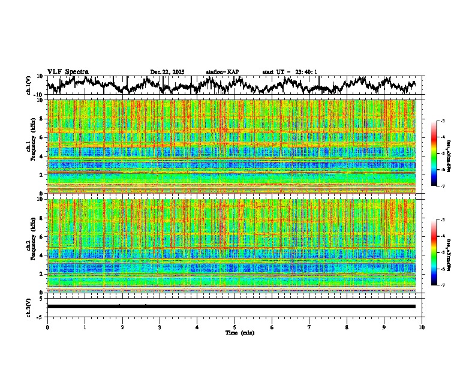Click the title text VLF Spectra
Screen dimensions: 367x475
tap(68, 72)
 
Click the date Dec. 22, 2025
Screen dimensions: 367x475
tap(167, 72)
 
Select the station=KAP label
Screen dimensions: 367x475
tap(223, 72)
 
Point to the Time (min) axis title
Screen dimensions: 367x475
tap(239, 332)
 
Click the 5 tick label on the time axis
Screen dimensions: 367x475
tap(235, 327)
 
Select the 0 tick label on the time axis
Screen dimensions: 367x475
tap(47, 327)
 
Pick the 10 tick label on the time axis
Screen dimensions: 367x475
tap(422, 327)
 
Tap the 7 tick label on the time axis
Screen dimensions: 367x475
tap(309, 327)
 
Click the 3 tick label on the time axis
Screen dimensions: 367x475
tap(160, 327)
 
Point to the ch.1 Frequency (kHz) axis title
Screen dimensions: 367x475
tap(30, 147)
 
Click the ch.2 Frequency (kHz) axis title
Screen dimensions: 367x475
tap(30, 246)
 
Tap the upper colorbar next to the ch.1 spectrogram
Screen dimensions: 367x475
tap(434, 154)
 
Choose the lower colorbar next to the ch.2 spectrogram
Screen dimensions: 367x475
tap(434, 252)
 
